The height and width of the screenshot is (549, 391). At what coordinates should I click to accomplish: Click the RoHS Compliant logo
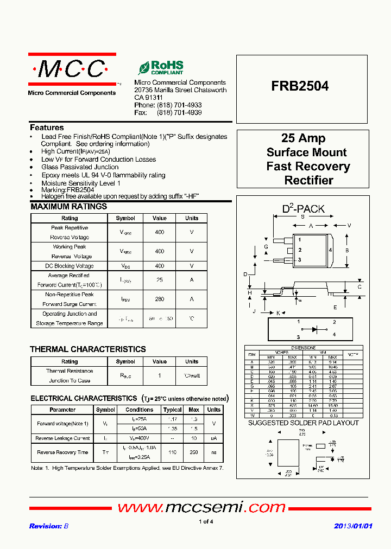coord(161,68)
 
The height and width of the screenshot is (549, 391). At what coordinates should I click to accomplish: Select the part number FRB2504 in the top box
coord(300,86)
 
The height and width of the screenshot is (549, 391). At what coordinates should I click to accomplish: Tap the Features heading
coord(47,127)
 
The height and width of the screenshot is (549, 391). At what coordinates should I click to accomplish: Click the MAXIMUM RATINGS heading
coord(68,207)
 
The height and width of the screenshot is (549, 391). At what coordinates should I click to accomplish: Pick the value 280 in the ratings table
coord(159,299)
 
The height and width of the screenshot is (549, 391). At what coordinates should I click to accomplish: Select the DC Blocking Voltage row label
coord(70,266)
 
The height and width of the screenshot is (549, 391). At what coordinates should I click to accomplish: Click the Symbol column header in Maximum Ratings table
coord(125,218)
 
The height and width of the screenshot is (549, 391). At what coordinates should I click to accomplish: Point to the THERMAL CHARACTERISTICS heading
coord(87,349)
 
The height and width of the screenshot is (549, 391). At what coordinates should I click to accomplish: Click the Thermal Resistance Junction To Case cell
coord(70,375)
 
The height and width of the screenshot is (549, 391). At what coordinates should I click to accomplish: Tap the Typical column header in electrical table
coord(172,410)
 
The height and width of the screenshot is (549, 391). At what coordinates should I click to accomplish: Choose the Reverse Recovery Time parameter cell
coord(62,452)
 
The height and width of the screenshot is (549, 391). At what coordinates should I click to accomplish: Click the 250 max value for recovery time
coord(194,452)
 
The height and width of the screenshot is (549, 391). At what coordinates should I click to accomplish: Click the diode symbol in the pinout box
coord(314,329)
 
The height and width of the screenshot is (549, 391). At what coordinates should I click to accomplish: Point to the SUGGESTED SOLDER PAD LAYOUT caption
coord(303,423)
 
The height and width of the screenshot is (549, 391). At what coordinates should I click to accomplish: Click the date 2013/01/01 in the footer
coord(353,526)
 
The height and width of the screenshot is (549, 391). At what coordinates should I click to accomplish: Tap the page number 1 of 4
coord(206,521)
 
